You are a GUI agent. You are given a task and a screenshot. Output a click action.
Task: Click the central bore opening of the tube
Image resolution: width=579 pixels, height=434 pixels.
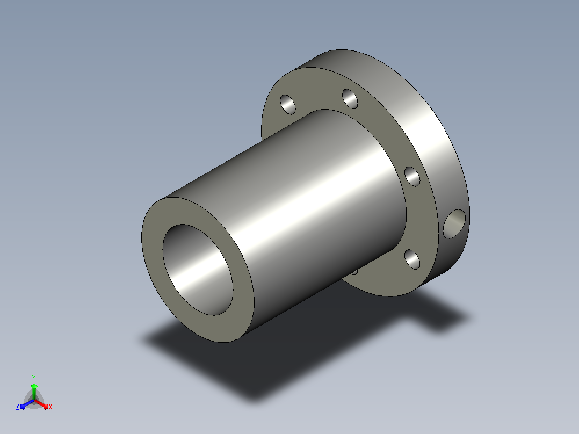198,270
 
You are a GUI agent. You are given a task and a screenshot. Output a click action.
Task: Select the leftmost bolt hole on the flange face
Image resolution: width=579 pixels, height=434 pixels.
288,105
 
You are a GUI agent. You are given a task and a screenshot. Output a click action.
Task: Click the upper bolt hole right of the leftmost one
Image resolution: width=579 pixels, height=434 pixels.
350,99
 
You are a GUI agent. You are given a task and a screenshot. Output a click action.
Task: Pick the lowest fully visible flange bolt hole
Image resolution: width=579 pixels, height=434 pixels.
412,259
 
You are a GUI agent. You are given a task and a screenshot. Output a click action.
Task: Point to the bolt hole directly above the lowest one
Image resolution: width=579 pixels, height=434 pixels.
412,177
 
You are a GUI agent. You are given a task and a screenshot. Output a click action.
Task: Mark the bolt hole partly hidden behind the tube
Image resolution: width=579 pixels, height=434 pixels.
354,272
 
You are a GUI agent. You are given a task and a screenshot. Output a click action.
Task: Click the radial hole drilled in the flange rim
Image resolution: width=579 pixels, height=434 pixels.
454,224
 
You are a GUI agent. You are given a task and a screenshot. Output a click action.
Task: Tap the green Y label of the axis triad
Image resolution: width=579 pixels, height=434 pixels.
34,378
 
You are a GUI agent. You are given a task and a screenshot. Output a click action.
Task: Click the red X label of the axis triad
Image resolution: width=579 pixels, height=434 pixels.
50,407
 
